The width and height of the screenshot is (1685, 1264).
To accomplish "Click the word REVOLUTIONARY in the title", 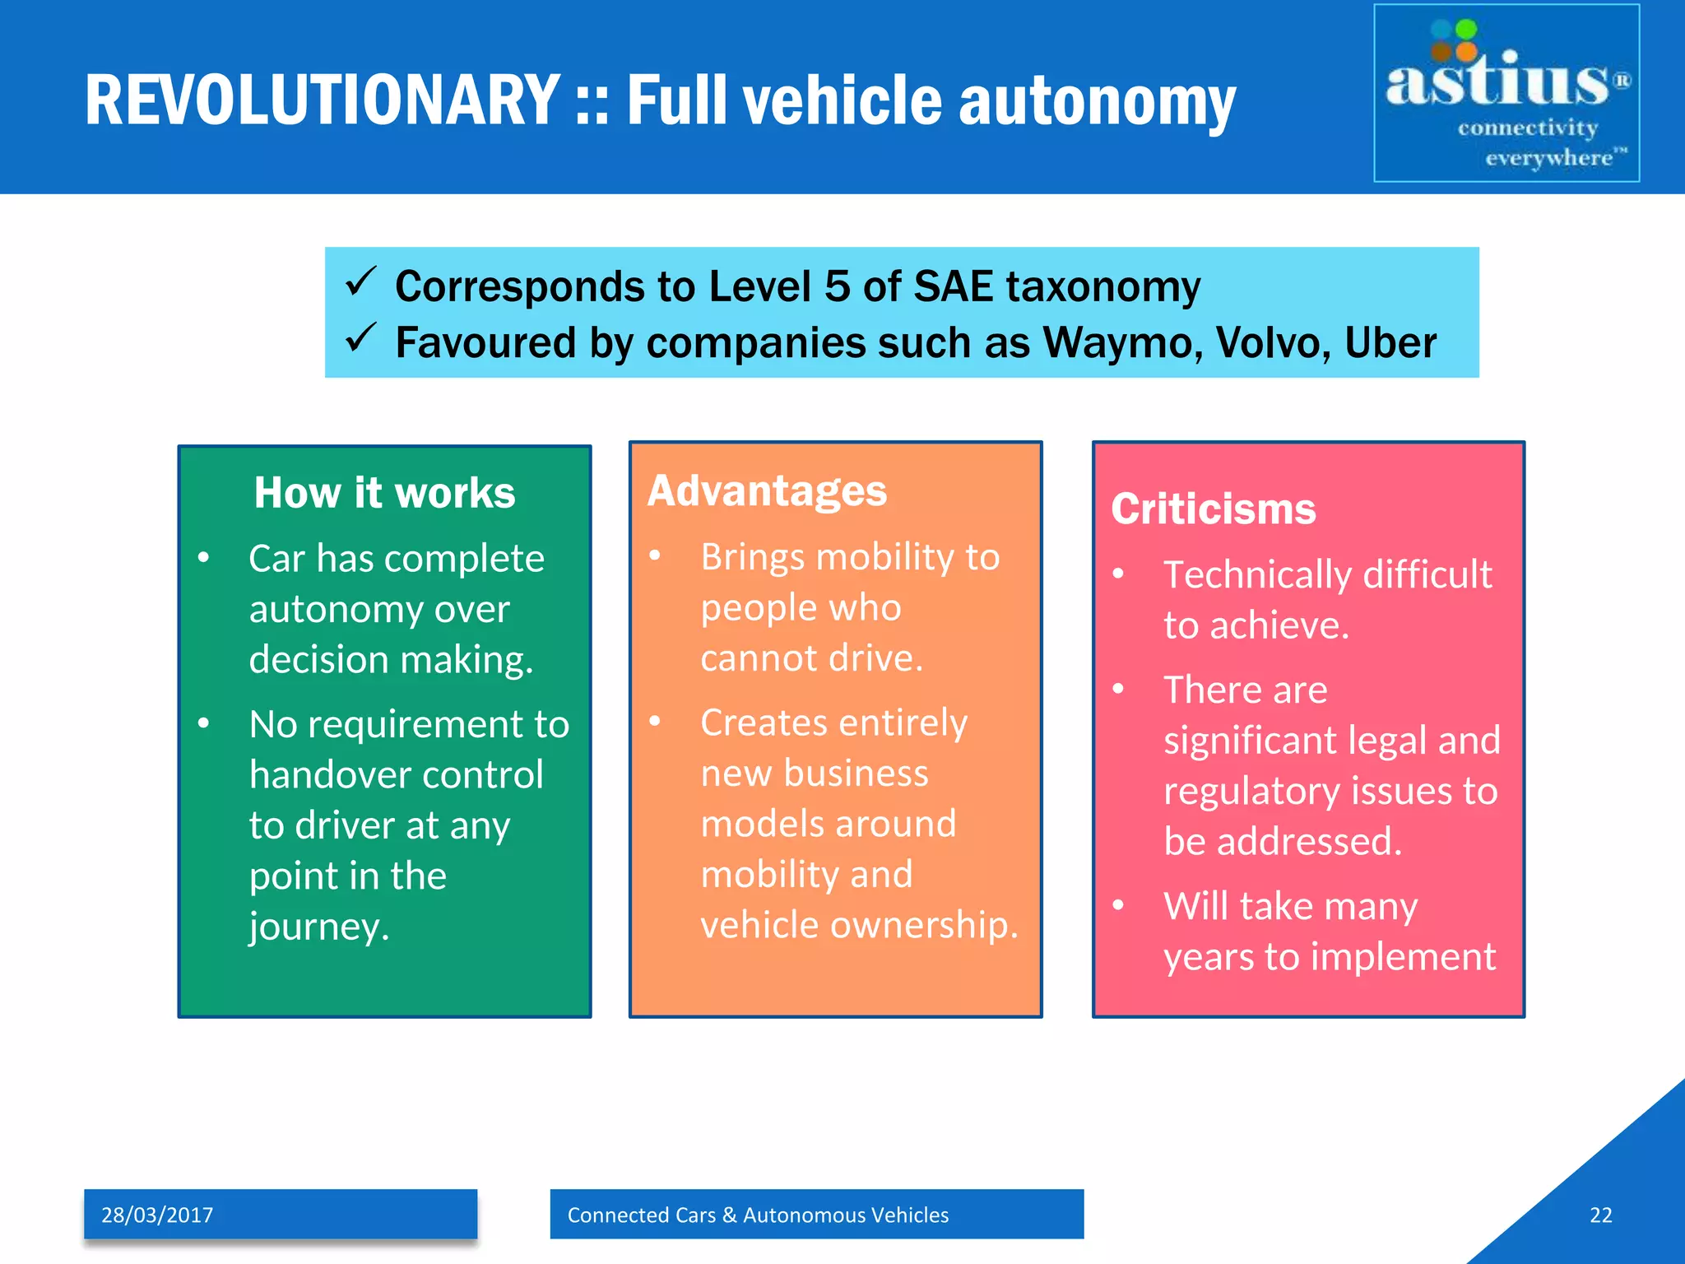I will (323, 100).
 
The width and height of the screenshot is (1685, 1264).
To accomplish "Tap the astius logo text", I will (1497, 82).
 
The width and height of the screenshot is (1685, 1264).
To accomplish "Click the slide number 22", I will (1600, 1215).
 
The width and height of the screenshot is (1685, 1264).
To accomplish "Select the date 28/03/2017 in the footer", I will (157, 1215).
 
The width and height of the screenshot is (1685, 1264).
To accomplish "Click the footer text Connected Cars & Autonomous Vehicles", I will (758, 1215).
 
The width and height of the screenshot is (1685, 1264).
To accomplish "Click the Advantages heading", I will (767, 490).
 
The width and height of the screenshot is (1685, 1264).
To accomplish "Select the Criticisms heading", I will (1213, 509).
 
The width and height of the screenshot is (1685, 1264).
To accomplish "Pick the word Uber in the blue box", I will (1390, 342).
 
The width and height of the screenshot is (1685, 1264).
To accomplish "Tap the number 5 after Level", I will (837, 286).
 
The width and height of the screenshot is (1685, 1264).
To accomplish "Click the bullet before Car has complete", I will (204, 559).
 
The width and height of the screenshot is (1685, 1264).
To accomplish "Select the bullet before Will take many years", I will (1118, 905).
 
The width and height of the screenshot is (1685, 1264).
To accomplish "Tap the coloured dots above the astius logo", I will (1454, 41).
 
